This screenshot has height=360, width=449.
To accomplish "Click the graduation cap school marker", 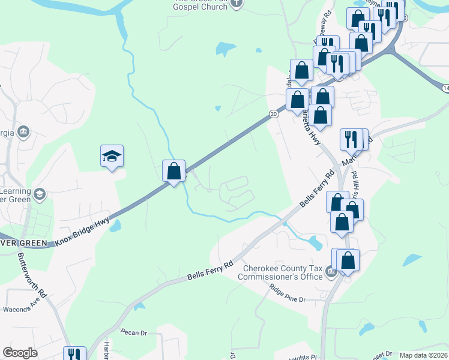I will [x=112, y=157].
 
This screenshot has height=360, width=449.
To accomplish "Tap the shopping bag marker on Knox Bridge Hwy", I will [x=173, y=171].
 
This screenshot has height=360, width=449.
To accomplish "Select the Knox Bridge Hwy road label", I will [x=83, y=232].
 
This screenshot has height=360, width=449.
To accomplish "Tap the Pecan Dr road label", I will [x=133, y=332].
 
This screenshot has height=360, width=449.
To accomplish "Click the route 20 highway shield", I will [x=274, y=113].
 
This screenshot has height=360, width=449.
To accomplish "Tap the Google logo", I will [x=20, y=353].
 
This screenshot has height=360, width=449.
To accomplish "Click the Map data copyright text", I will [x=423, y=355].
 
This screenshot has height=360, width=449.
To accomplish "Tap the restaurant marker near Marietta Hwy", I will [x=351, y=139].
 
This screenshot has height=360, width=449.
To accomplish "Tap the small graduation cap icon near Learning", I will [x=40, y=193].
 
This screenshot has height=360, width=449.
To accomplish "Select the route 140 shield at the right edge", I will [x=445, y=88].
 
